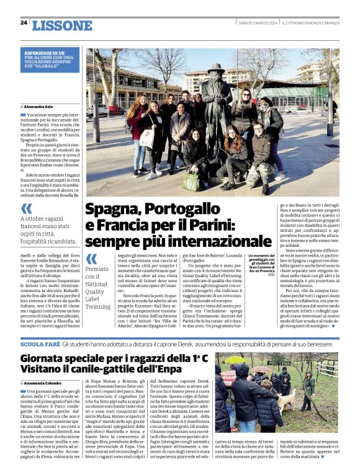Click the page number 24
point(24,23)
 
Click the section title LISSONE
point(61,25)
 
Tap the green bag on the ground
point(189,181)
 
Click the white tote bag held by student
point(147,138)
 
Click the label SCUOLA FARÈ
point(40,344)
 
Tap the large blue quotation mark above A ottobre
point(27,210)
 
